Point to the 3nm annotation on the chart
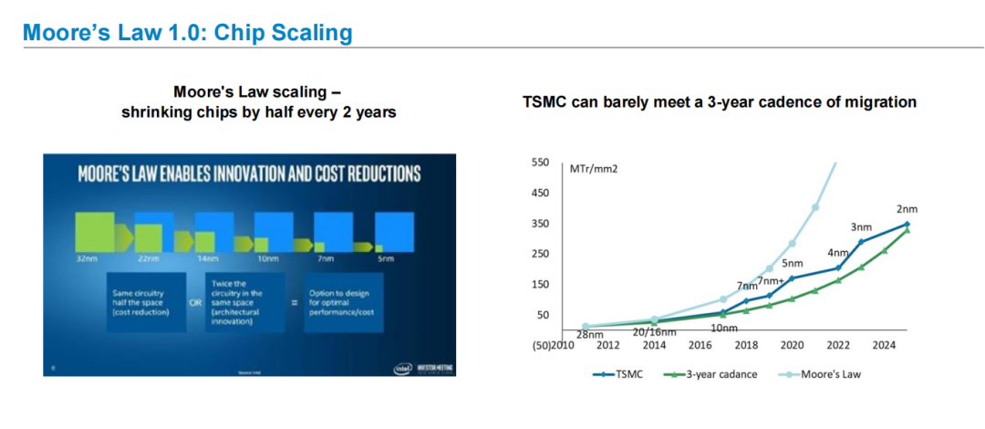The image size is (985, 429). [x=861, y=226]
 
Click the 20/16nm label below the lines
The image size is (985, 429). [x=656, y=331]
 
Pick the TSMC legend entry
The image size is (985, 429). [x=623, y=374]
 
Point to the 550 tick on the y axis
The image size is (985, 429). [x=541, y=162]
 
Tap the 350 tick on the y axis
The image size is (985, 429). [x=541, y=224]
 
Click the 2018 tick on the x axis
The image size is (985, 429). [x=746, y=347]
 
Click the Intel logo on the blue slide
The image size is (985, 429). [x=401, y=368]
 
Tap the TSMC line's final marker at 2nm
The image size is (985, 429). [x=907, y=224]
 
